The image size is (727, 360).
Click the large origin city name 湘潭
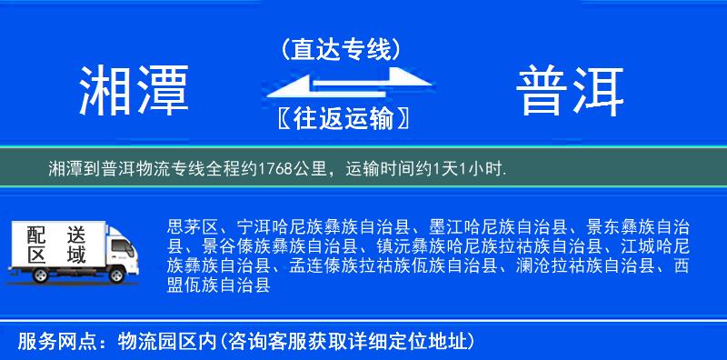[134, 91]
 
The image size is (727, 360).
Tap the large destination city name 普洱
[570, 91]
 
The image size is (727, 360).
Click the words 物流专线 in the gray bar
[179, 168]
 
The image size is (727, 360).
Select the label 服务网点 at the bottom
[45, 342]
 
